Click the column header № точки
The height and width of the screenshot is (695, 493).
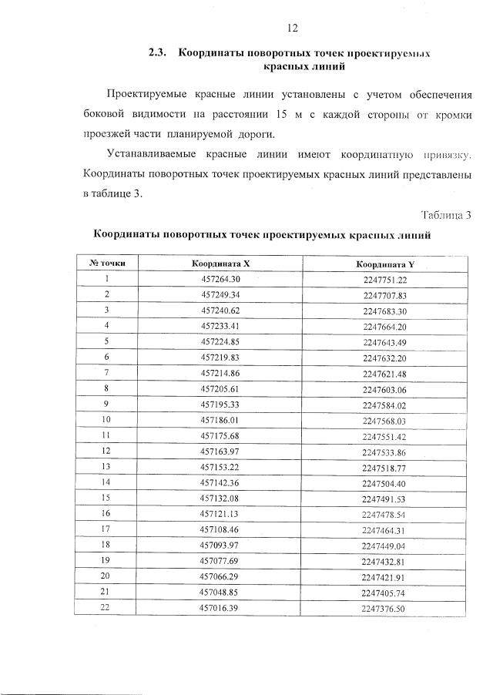[106, 264]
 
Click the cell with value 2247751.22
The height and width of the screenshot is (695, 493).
[384, 280]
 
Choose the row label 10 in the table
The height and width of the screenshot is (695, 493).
[106, 420]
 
